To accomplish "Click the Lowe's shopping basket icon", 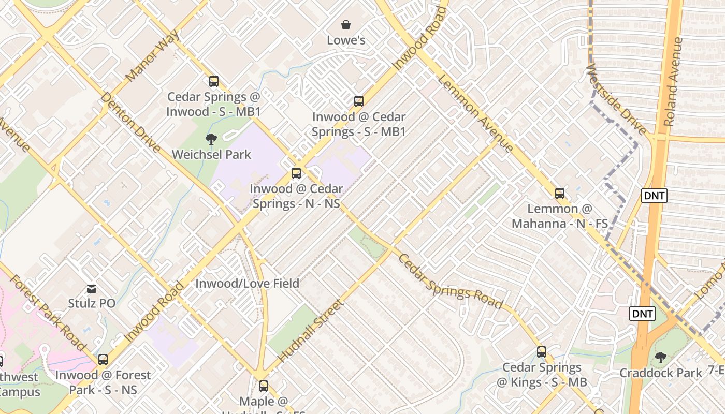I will click(x=346, y=24).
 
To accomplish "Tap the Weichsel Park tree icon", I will click(x=211, y=139).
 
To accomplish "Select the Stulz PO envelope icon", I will click(x=92, y=288).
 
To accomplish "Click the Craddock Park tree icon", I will click(x=660, y=357).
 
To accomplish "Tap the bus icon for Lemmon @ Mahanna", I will click(x=560, y=194).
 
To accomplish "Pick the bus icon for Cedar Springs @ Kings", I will click(x=542, y=352).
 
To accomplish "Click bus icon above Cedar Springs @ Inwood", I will click(x=213, y=81).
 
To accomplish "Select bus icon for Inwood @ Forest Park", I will click(x=103, y=360).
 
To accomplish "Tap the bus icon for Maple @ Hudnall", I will click(x=264, y=386).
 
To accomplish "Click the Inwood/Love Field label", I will click(x=247, y=283).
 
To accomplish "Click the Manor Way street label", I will click(x=153, y=55).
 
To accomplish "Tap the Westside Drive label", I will click(x=616, y=99).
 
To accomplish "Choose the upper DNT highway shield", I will click(x=654, y=196).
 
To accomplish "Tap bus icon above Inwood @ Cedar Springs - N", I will click(x=296, y=173).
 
